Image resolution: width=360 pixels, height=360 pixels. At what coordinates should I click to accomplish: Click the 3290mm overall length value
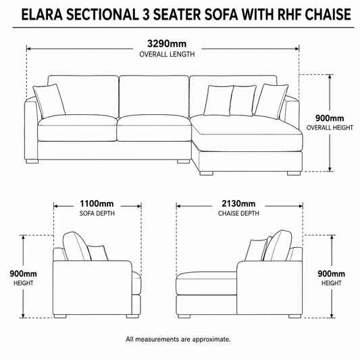click(x=167, y=43)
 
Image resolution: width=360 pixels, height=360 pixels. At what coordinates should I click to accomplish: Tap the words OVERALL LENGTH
click(x=167, y=55)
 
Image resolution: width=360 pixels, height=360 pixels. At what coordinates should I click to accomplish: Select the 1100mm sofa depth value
click(x=97, y=203)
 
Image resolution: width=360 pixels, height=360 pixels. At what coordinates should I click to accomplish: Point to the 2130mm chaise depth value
click(x=238, y=203)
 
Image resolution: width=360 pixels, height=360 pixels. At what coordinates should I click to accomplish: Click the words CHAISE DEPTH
click(x=238, y=213)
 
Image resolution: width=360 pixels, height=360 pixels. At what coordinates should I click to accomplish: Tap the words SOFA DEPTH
click(x=97, y=213)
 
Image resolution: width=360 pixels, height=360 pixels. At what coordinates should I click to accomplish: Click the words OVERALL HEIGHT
click(x=330, y=128)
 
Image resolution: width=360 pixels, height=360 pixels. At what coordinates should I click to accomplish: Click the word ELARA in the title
click(x=42, y=14)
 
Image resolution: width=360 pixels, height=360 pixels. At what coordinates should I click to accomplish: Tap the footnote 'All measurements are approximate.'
click(x=178, y=339)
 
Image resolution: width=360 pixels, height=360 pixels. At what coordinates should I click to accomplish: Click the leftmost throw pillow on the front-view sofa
click(x=49, y=101)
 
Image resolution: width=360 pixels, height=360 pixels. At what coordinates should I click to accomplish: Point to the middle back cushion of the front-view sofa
click(x=154, y=97)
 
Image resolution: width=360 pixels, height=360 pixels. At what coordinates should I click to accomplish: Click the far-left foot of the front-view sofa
click(x=32, y=161)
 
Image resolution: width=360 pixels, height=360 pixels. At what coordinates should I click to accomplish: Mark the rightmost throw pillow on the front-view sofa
click(x=272, y=101)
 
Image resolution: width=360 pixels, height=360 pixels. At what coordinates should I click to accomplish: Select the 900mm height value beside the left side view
click(x=23, y=274)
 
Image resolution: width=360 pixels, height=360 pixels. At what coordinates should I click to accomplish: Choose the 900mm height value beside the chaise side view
click(x=332, y=274)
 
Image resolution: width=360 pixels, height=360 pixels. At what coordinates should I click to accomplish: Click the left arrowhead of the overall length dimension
click(x=28, y=49)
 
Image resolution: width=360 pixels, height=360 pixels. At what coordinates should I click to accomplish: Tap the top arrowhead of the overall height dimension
click(x=330, y=77)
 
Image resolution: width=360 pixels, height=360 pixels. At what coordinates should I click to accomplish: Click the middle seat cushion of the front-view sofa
click(x=154, y=128)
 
